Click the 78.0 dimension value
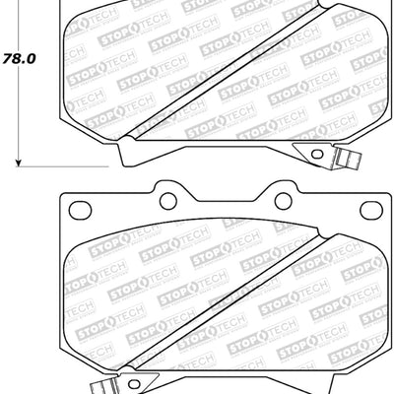[x=21, y=58]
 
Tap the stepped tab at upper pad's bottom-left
[x=123, y=153]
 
